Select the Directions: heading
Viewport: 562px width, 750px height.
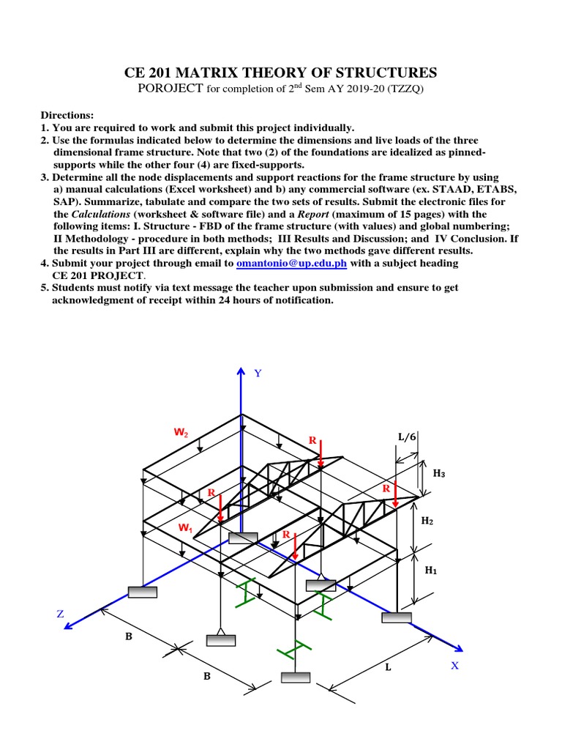pyautogui.click(x=67, y=116)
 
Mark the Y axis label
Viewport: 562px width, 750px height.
pyautogui.click(x=257, y=374)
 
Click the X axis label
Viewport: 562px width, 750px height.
pyautogui.click(x=454, y=666)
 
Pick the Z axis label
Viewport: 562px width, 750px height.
pyautogui.click(x=61, y=614)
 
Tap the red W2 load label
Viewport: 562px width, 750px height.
pyautogui.click(x=181, y=433)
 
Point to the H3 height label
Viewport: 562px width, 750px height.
pyautogui.click(x=439, y=474)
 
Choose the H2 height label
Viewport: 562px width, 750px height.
pyautogui.click(x=428, y=521)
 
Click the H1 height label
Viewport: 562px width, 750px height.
pyautogui.click(x=430, y=570)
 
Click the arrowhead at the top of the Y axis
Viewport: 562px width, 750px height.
pyautogui.click(x=241, y=371)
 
